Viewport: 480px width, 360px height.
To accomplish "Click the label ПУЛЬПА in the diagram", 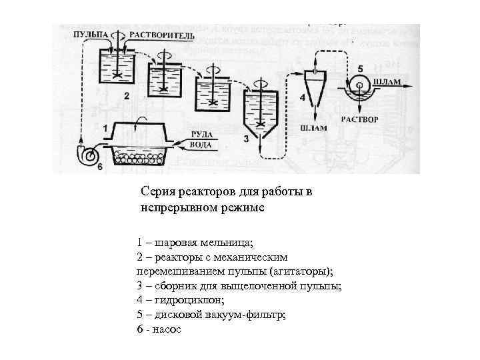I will (x=89, y=34).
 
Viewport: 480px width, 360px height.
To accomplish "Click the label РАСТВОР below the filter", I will (x=360, y=120).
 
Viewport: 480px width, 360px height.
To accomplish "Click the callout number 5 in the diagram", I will (x=361, y=68).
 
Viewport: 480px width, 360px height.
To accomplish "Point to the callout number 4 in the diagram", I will (x=302, y=97).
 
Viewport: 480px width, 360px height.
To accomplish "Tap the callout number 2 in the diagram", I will (x=127, y=97).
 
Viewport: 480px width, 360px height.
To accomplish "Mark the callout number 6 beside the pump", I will (x=100, y=167).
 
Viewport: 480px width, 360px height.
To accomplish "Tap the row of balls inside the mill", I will (x=139, y=159).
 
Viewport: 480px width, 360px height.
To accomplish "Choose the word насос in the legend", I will (x=168, y=330).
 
